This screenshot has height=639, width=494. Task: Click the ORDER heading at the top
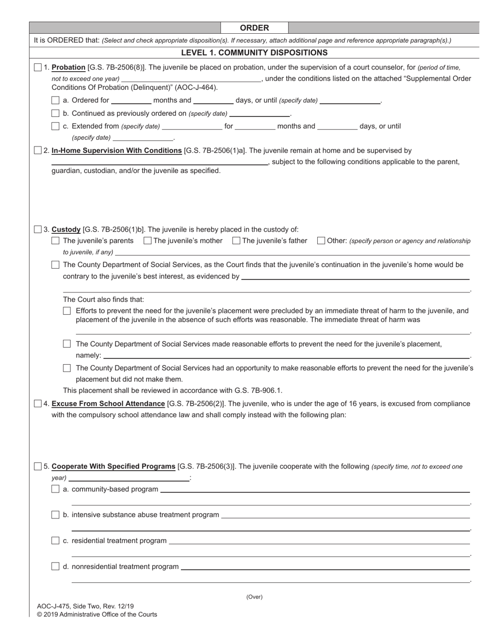254,28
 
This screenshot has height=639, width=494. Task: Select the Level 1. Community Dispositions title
254,52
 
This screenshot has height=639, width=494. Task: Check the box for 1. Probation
38,68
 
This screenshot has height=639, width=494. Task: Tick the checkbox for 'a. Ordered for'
56,100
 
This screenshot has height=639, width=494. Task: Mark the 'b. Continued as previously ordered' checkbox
56,113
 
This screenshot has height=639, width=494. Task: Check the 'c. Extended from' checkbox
56,126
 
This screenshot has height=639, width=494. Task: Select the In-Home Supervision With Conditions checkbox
38,151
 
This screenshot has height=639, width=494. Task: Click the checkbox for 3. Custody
38,229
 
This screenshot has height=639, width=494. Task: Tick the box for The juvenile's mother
147,241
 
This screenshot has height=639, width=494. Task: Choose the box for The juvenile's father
236,241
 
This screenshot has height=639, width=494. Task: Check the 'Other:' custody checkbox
321,241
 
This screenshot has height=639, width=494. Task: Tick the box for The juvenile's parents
56,241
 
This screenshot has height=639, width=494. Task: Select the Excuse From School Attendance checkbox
38,404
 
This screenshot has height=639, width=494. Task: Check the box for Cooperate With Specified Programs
38,467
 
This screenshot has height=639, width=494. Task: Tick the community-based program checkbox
56,489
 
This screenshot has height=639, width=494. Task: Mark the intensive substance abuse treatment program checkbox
56,515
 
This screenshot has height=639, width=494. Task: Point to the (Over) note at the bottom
254,597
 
